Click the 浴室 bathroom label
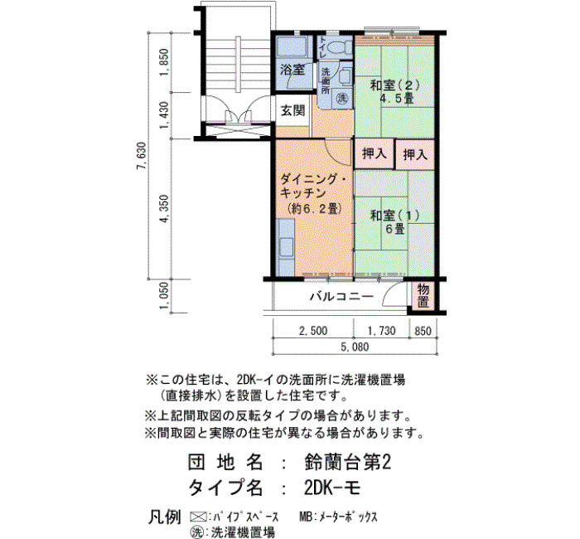point(292,69)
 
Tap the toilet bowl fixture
point(339,47)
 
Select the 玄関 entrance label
point(292,110)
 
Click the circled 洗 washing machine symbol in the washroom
point(342,99)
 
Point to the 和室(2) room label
point(394,85)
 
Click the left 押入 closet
point(374,153)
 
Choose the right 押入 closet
point(415,154)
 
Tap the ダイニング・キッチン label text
point(312,187)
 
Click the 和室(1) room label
point(394,215)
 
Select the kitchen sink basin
point(286,247)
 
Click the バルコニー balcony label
point(341,297)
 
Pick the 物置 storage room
point(423,295)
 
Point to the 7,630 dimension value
point(142,156)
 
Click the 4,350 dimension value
point(164,209)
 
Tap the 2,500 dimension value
point(313,331)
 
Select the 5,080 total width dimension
point(355,347)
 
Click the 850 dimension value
point(423,331)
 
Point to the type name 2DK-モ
point(332,488)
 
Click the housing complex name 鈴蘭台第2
point(348,463)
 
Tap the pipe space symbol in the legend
point(198,516)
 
